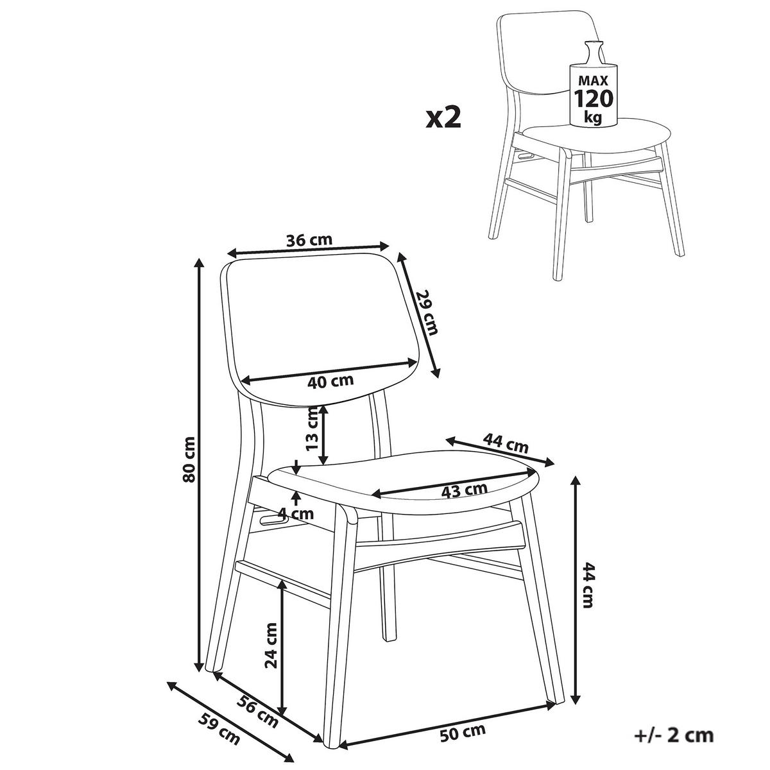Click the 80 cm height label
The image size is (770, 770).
[x=190, y=459]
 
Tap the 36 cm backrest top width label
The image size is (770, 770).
[x=309, y=240]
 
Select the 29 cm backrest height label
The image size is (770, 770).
[x=427, y=312]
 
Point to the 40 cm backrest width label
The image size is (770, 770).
[x=330, y=381]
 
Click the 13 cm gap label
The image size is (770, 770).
[x=312, y=428]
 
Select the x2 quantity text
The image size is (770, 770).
[x=443, y=119]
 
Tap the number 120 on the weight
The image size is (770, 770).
[x=593, y=99]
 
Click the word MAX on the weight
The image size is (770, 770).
[x=594, y=80]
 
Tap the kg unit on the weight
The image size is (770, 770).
[x=593, y=117]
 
